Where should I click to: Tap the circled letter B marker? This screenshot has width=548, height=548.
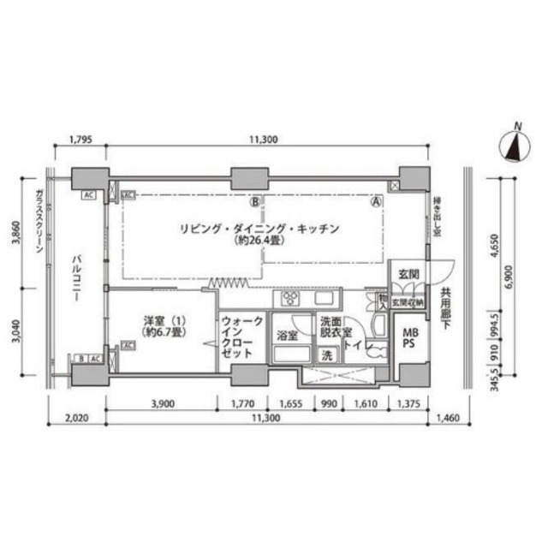point(254,203)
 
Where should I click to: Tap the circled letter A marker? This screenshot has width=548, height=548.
point(376,203)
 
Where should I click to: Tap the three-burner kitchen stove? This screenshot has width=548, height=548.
point(289,299)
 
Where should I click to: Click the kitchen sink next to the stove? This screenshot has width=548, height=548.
point(325,298)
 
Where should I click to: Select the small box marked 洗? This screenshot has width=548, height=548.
point(326,354)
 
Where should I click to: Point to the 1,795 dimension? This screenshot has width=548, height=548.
point(80,141)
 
